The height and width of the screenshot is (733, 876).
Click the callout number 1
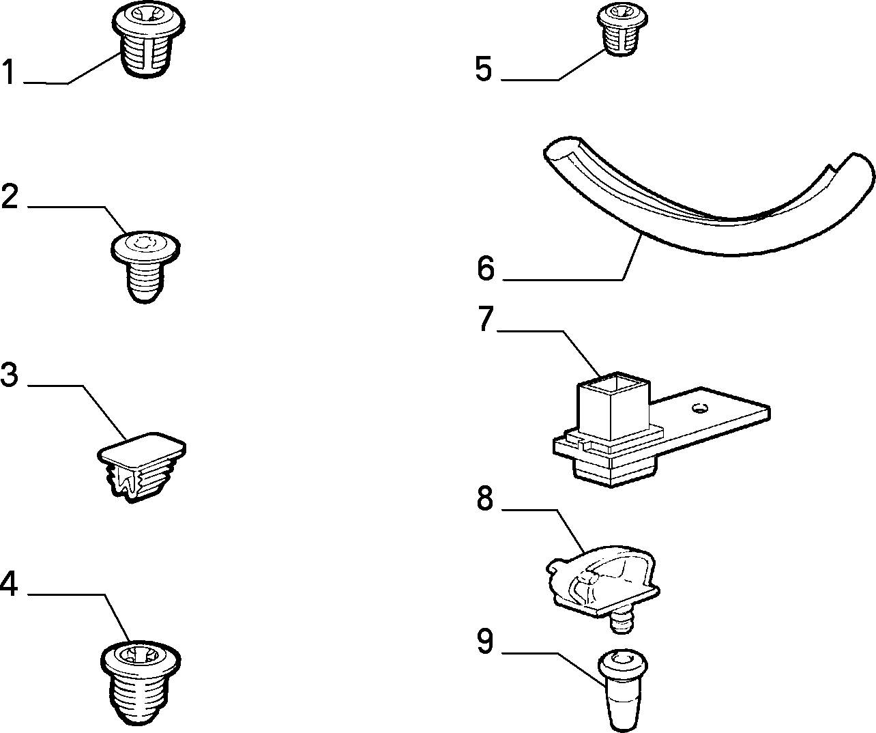[8, 72]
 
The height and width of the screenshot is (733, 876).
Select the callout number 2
[10, 196]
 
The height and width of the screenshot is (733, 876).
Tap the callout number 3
[10, 375]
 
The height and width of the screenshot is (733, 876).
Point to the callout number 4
[9, 584]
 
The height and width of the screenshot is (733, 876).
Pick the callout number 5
[483, 68]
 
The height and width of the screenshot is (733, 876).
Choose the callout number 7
[486, 319]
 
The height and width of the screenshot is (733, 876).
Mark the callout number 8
[485, 499]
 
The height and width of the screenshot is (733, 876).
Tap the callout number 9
[485, 642]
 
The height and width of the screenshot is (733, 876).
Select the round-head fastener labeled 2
[145, 266]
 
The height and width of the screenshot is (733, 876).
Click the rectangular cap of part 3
[142, 450]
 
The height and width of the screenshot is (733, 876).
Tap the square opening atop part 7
[613, 385]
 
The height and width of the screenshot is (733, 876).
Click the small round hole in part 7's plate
[700, 407]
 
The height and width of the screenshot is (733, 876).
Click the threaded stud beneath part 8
[622, 622]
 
